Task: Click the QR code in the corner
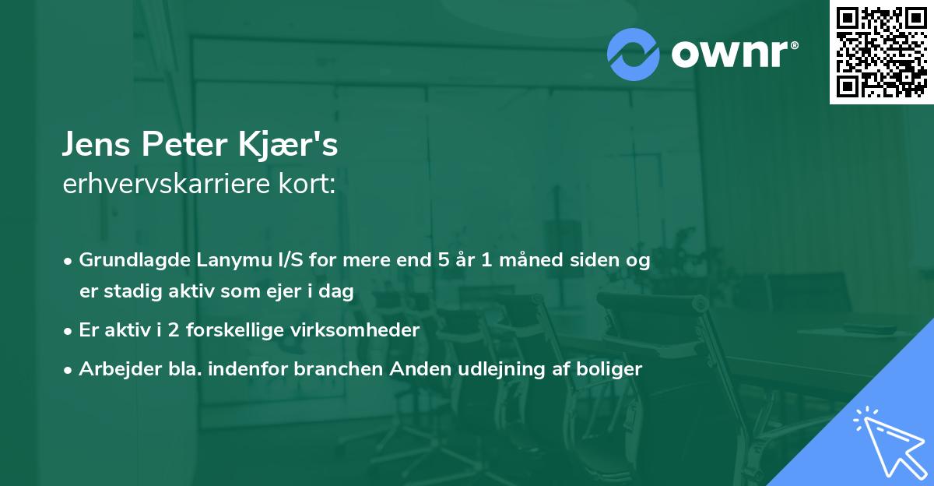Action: point(881,52)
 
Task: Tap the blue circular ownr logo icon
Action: point(634,54)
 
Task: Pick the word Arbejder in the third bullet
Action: point(114,369)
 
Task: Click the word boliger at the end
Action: point(612,369)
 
